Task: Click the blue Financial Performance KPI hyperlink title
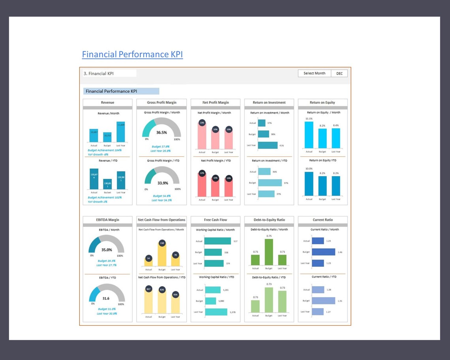tap(132, 54)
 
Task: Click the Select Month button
tap(314, 73)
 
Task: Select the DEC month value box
tap(339, 73)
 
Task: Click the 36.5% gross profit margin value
tap(161, 133)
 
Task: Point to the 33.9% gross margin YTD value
tap(163, 183)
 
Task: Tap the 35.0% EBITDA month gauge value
tap(107, 250)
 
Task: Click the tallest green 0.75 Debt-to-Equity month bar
tap(269, 253)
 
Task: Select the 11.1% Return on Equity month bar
tap(309, 135)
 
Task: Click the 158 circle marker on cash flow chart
tap(162, 243)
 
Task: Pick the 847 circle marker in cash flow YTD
tap(148, 289)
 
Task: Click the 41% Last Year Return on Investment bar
tap(268, 145)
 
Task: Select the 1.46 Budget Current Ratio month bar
tap(323, 252)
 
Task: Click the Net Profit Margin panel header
tap(216, 103)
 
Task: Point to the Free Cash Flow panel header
tap(216, 220)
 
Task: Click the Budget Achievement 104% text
tap(105, 150)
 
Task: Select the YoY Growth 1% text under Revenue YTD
tap(97, 202)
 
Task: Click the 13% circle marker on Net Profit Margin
tap(202, 123)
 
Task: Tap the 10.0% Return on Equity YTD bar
tap(309, 184)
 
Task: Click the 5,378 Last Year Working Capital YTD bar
tap(216, 312)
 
